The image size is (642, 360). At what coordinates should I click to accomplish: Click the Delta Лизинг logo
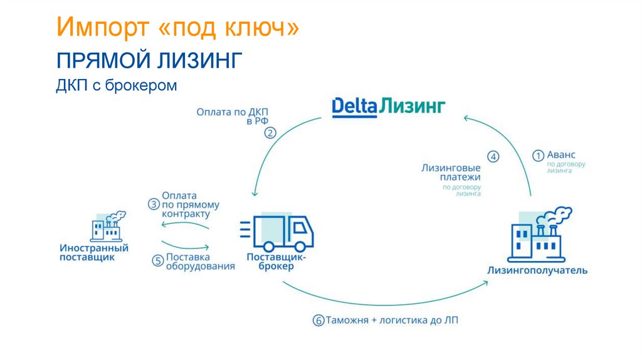[x=388, y=106]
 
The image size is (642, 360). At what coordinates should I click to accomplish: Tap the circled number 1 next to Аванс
[x=538, y=155]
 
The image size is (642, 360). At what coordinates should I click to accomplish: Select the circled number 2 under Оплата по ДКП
[x=270, y=133]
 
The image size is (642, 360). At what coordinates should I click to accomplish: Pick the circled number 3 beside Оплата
[x=154, y=204]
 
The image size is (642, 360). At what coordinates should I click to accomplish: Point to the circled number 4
[x=493, y=157]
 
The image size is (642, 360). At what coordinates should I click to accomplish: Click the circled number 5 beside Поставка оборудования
[x=157, y=260]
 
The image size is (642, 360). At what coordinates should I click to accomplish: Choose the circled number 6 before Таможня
[x=318, y=320]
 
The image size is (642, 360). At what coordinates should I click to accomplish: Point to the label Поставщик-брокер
[x=276, y=262]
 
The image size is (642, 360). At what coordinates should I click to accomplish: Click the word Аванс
[x=561, y=154]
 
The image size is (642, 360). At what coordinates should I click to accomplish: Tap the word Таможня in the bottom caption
[x=347, y=320]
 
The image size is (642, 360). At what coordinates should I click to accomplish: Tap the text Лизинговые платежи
[x=451, y=173]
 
